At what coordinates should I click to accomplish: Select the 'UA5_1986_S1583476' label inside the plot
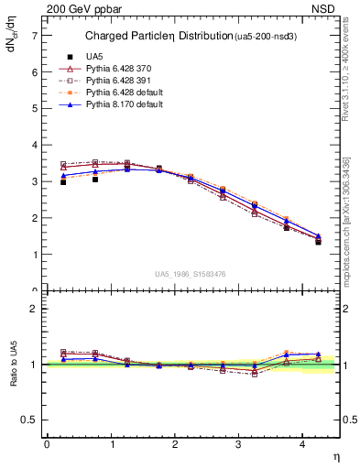click(x=191, y=274)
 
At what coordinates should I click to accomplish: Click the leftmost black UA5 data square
click(x=63, y=182)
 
